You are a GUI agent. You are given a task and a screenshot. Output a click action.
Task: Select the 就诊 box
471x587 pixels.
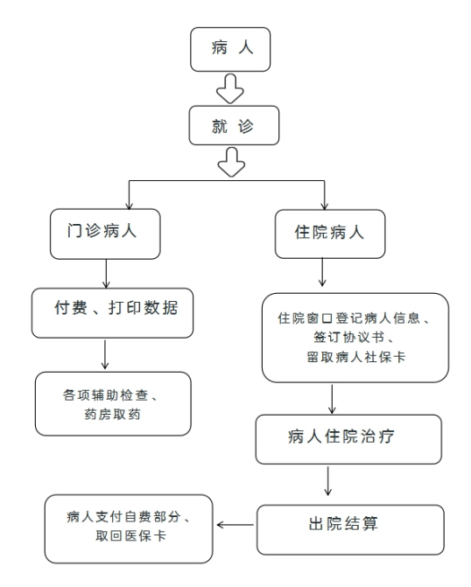click(234, 126)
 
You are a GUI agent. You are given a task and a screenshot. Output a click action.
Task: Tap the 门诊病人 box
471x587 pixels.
click(105, 234)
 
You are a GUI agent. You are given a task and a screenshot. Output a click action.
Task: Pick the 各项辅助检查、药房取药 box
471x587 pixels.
click(112, 404)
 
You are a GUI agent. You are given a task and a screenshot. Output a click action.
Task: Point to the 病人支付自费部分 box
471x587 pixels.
click(129, 528)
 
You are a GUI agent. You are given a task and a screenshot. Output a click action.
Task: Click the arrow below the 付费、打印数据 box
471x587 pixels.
click(106, 355)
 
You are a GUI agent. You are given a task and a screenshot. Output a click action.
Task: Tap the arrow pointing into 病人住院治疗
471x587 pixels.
click(332, 399)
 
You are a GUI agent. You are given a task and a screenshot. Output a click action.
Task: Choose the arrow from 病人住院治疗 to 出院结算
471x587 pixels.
click(328, 482)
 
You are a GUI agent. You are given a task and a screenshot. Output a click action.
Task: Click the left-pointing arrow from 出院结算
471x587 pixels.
click(235, 526)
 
